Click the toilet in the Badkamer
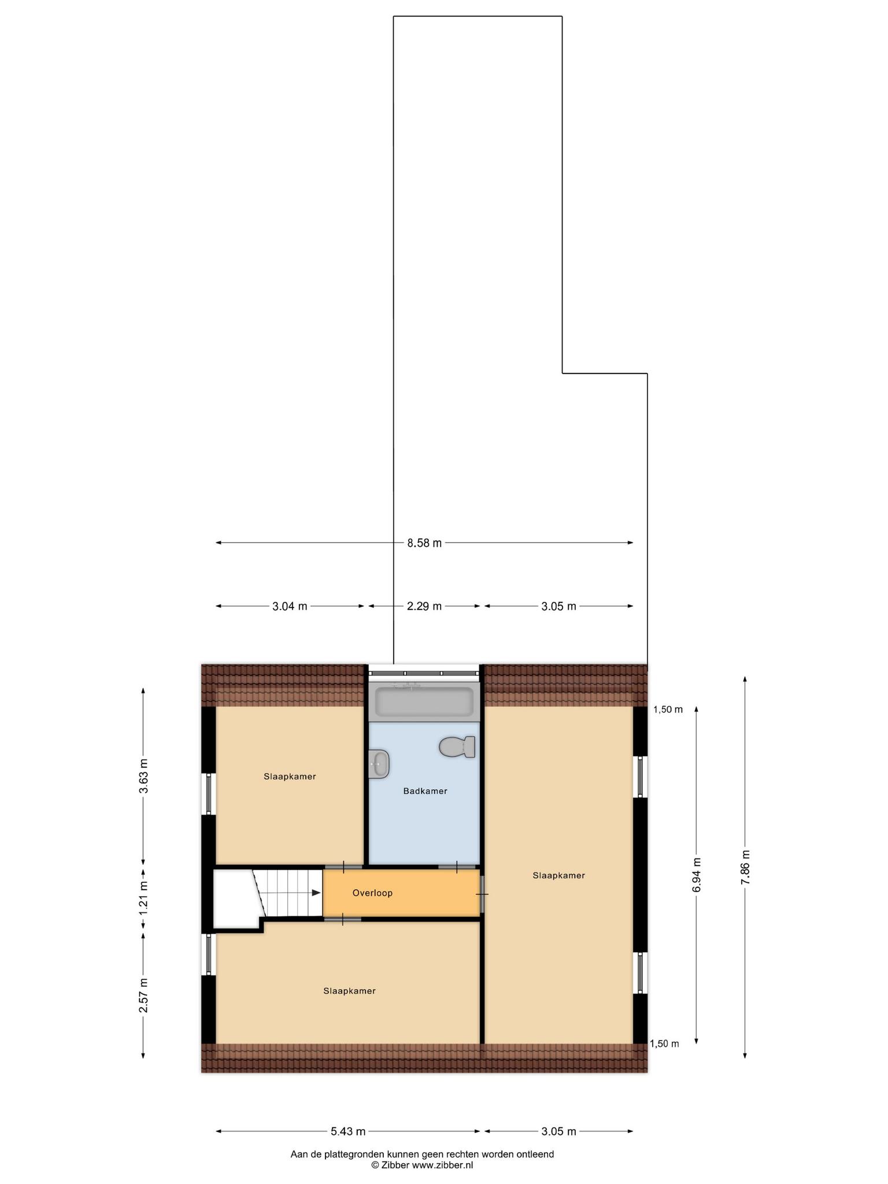(x=457, y=747)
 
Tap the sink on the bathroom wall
(x=379, y=764)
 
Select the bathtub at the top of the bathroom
(x=425, y=701)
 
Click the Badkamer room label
(x=425, y=791)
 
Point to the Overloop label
(x=372, y=893)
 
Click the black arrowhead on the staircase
(x=316, y=893)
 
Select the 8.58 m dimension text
(x=424, y=543)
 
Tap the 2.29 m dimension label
(x=424, y=606)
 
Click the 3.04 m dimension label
(x=290, y=606)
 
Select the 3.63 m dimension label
(x=143, y=776)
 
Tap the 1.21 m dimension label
(x=143, y=897)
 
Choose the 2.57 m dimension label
(x=143, y=995)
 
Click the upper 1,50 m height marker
(x=668, y=710)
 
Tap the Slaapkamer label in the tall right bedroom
(x=558, y=875)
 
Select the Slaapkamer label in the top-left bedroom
(x=290, y=776)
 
